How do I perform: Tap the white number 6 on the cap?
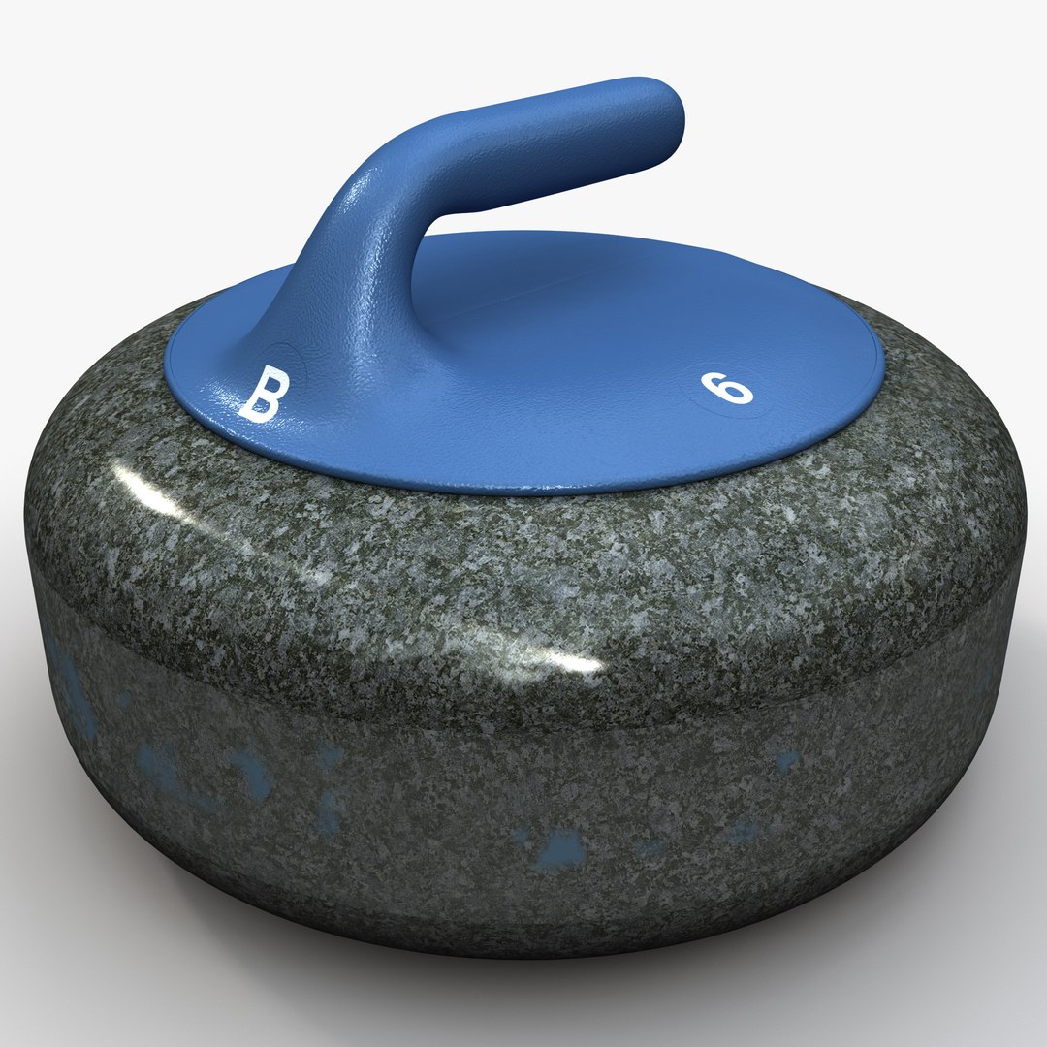(x=728, y=389)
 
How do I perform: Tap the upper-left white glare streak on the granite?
(x=145, y=485)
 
